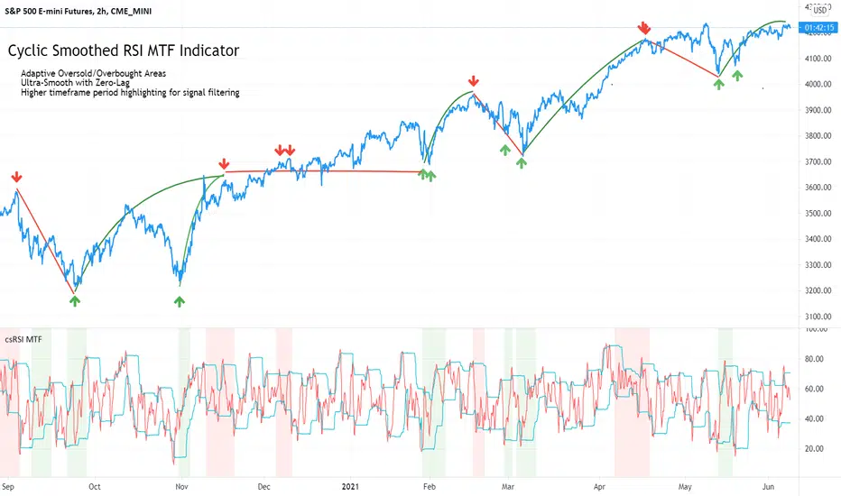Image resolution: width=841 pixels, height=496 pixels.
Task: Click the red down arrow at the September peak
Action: pos(16,177)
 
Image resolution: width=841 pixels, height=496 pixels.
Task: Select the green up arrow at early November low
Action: pos(180,301)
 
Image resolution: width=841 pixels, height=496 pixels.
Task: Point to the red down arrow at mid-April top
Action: pos(644,29)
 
